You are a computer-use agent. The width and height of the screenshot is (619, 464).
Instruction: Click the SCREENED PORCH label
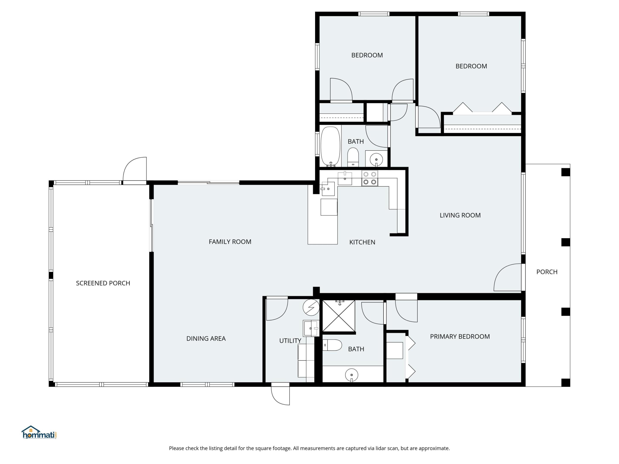tap(103, 283)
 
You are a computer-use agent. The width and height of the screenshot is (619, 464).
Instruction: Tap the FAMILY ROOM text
tap(230, 242)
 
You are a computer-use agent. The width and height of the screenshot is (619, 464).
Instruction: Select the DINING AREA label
tap(206, 338)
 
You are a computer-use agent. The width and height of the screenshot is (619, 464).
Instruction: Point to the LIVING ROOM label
tap(460, 215)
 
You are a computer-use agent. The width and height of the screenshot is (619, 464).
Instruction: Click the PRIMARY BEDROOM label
tap(460, 336)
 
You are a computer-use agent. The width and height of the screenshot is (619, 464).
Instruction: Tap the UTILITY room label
tap(290, 341)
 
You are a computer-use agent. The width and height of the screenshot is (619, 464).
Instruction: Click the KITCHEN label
tap(362, 242)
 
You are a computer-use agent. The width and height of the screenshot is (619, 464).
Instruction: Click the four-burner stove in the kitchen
tap(370, 178)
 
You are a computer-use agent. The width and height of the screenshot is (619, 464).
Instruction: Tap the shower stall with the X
tap(339, 316)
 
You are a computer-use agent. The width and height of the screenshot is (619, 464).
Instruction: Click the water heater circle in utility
tap(311, 307)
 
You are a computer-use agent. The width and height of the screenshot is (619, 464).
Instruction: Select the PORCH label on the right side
tap(547, 272)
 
